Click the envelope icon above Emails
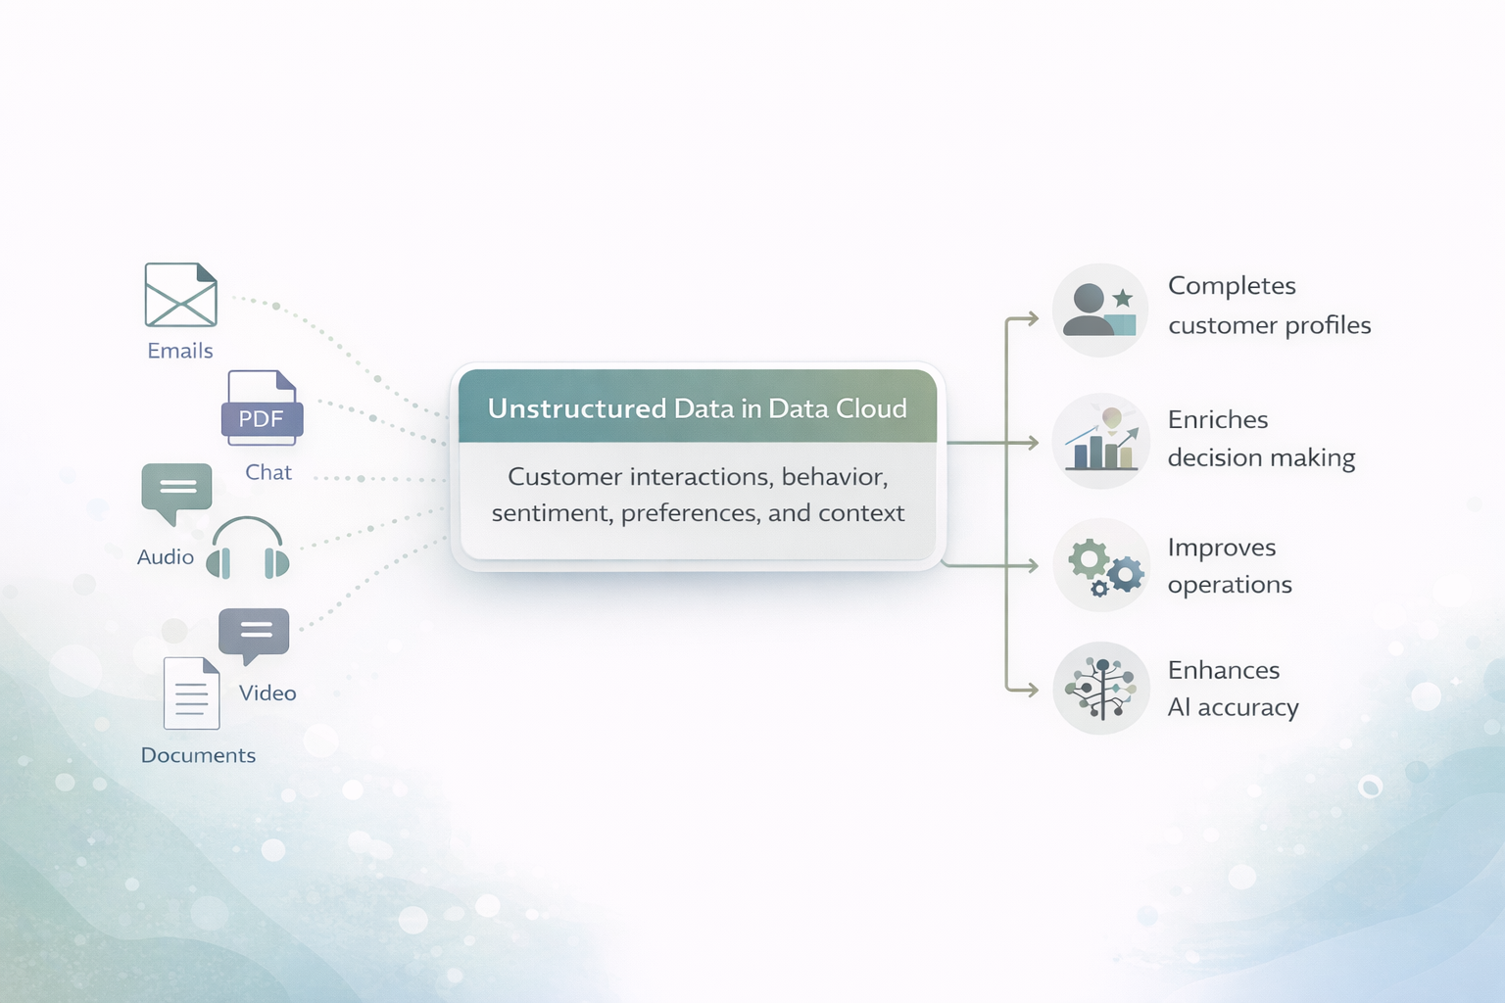180,295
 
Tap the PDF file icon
262,408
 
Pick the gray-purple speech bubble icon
254,633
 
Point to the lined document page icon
191,693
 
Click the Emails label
180,351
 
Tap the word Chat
268,472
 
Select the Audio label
166,557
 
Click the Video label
267,693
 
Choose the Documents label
198,755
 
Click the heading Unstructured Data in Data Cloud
698,408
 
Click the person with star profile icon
1100,310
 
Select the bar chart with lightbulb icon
1100,441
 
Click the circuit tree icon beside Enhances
1101,689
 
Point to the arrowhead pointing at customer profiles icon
1033,318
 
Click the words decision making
1261,457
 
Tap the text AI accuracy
1233,707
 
